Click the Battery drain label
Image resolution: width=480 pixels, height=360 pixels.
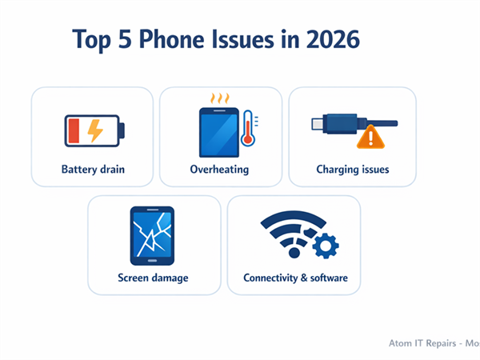93,170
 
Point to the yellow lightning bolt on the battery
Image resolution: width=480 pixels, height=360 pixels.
94,130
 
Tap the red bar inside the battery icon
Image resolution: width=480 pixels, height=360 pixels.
74,130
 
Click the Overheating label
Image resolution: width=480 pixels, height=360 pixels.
219,170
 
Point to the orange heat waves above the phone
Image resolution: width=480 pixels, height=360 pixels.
219,98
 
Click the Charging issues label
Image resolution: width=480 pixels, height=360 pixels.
352,170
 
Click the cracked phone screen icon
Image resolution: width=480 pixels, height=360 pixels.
153,235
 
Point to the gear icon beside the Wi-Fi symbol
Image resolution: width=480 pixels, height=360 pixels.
324,246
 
